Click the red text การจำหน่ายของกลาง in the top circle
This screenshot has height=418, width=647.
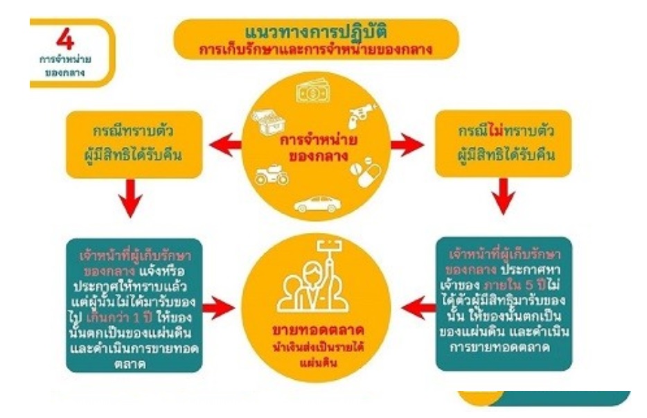[x=317, y=145]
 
